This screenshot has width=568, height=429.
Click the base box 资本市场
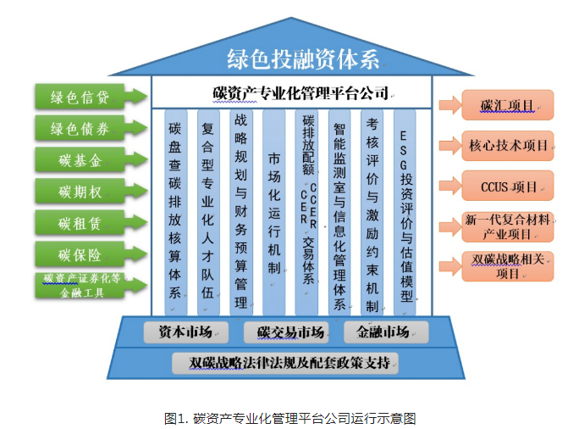pos(184,331)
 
